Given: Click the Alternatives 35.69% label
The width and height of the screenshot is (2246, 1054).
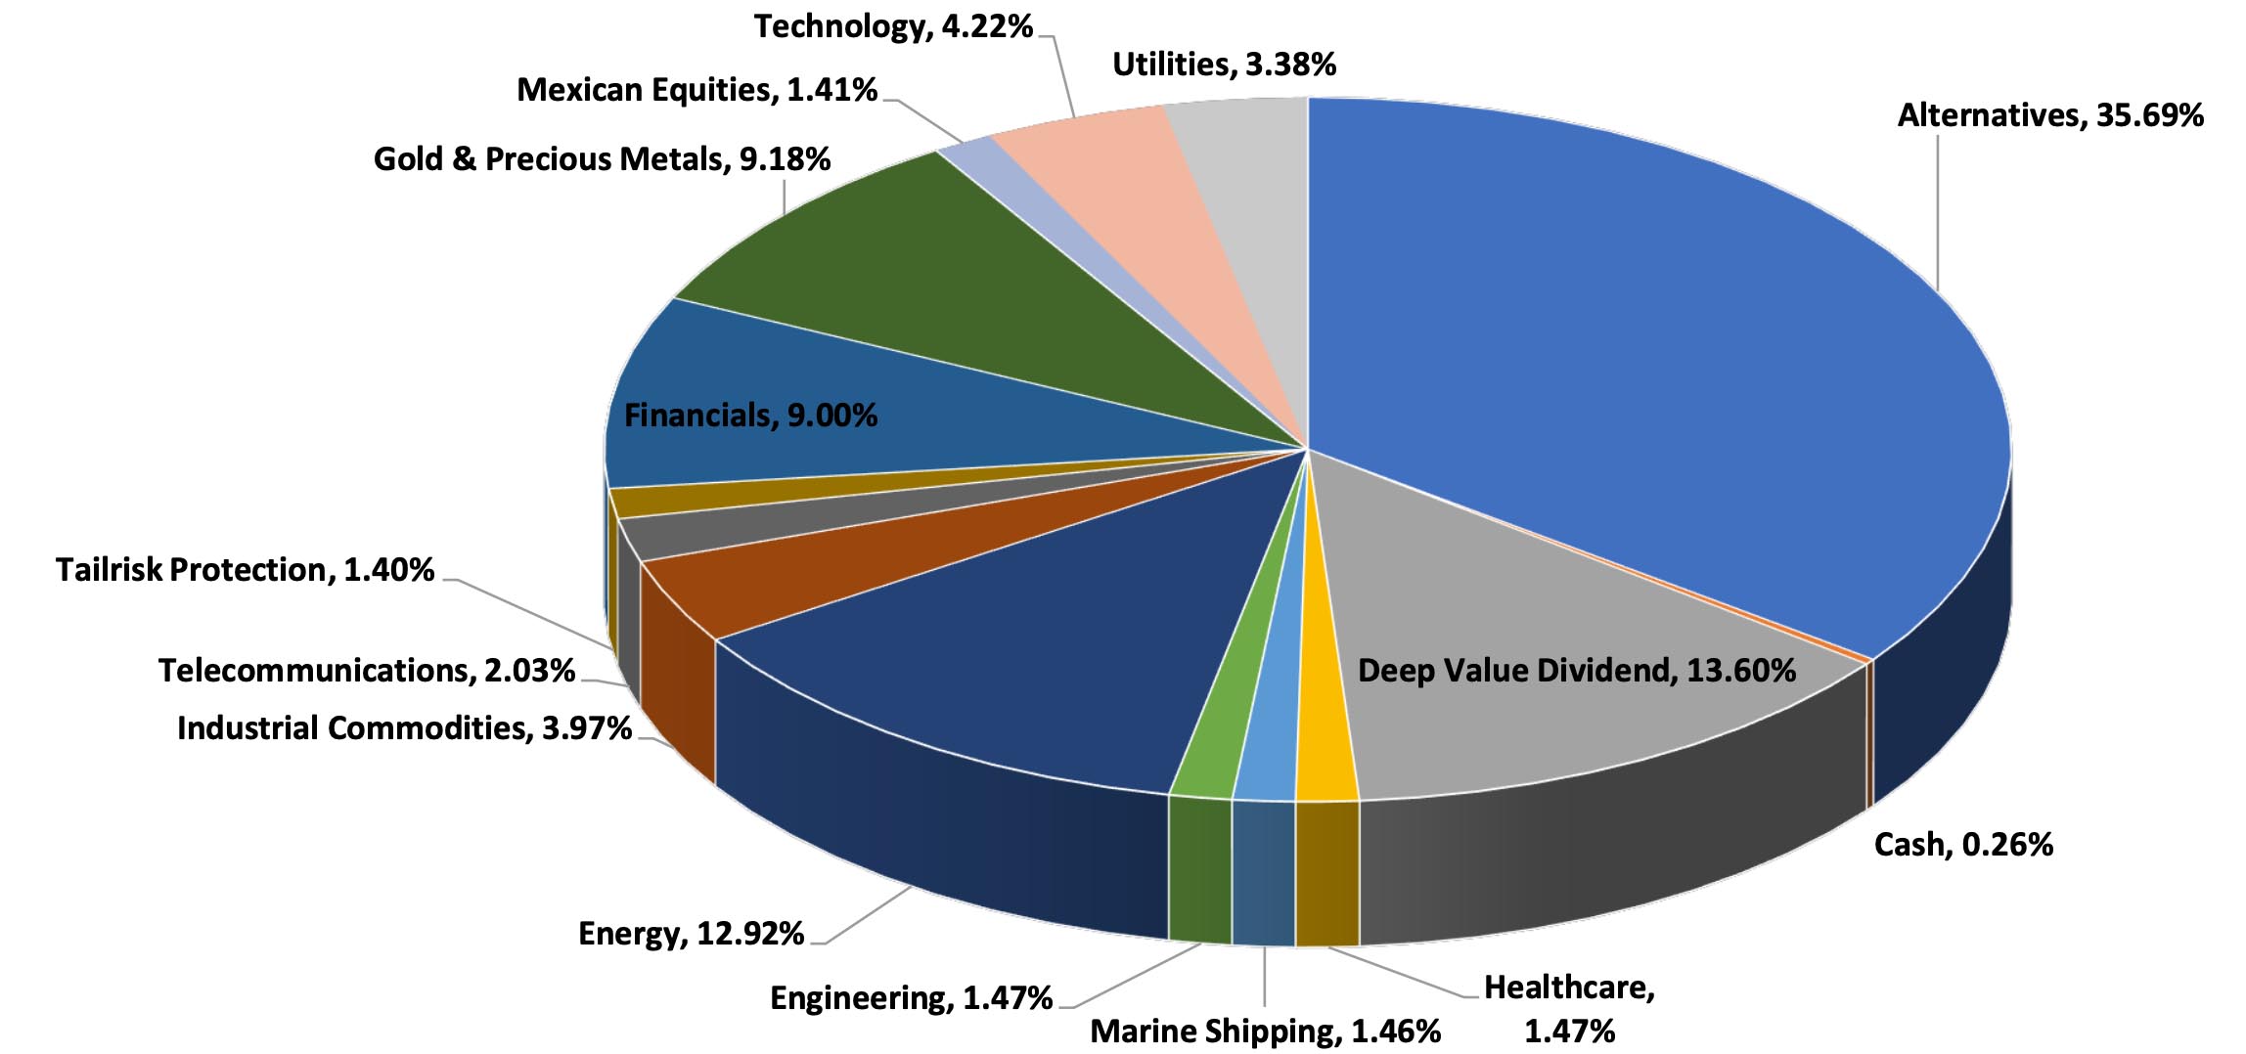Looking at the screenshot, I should click(x=2049, y=115).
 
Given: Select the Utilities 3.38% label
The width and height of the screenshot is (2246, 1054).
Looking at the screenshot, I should click(x=1224, y=65).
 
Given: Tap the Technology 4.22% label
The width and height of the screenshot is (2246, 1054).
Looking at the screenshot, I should click(x=893, y=26).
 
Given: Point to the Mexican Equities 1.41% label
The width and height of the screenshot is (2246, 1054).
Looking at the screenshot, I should click(x=696, y=90).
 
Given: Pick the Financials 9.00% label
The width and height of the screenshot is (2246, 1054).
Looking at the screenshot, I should click(x=750, y=416).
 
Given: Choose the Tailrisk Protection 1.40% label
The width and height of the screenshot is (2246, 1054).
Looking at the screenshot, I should click(x=245, y=570).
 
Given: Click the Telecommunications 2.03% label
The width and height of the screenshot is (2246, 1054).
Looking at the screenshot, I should click(x=366, y=671).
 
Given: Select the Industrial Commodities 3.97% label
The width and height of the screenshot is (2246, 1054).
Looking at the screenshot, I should click(x=404, y=728).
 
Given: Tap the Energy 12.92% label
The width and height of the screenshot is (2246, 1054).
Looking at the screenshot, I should click(x=691, y=934).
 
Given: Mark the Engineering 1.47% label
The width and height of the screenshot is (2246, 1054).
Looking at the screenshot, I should click(x=911, y=998).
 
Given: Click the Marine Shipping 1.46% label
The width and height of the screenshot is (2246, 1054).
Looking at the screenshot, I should click(x=1265, y=1032).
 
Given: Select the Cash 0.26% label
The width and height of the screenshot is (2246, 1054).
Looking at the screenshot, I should click(x=1962, y=845).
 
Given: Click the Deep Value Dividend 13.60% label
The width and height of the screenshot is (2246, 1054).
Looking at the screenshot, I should click(x=1576, y=671).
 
